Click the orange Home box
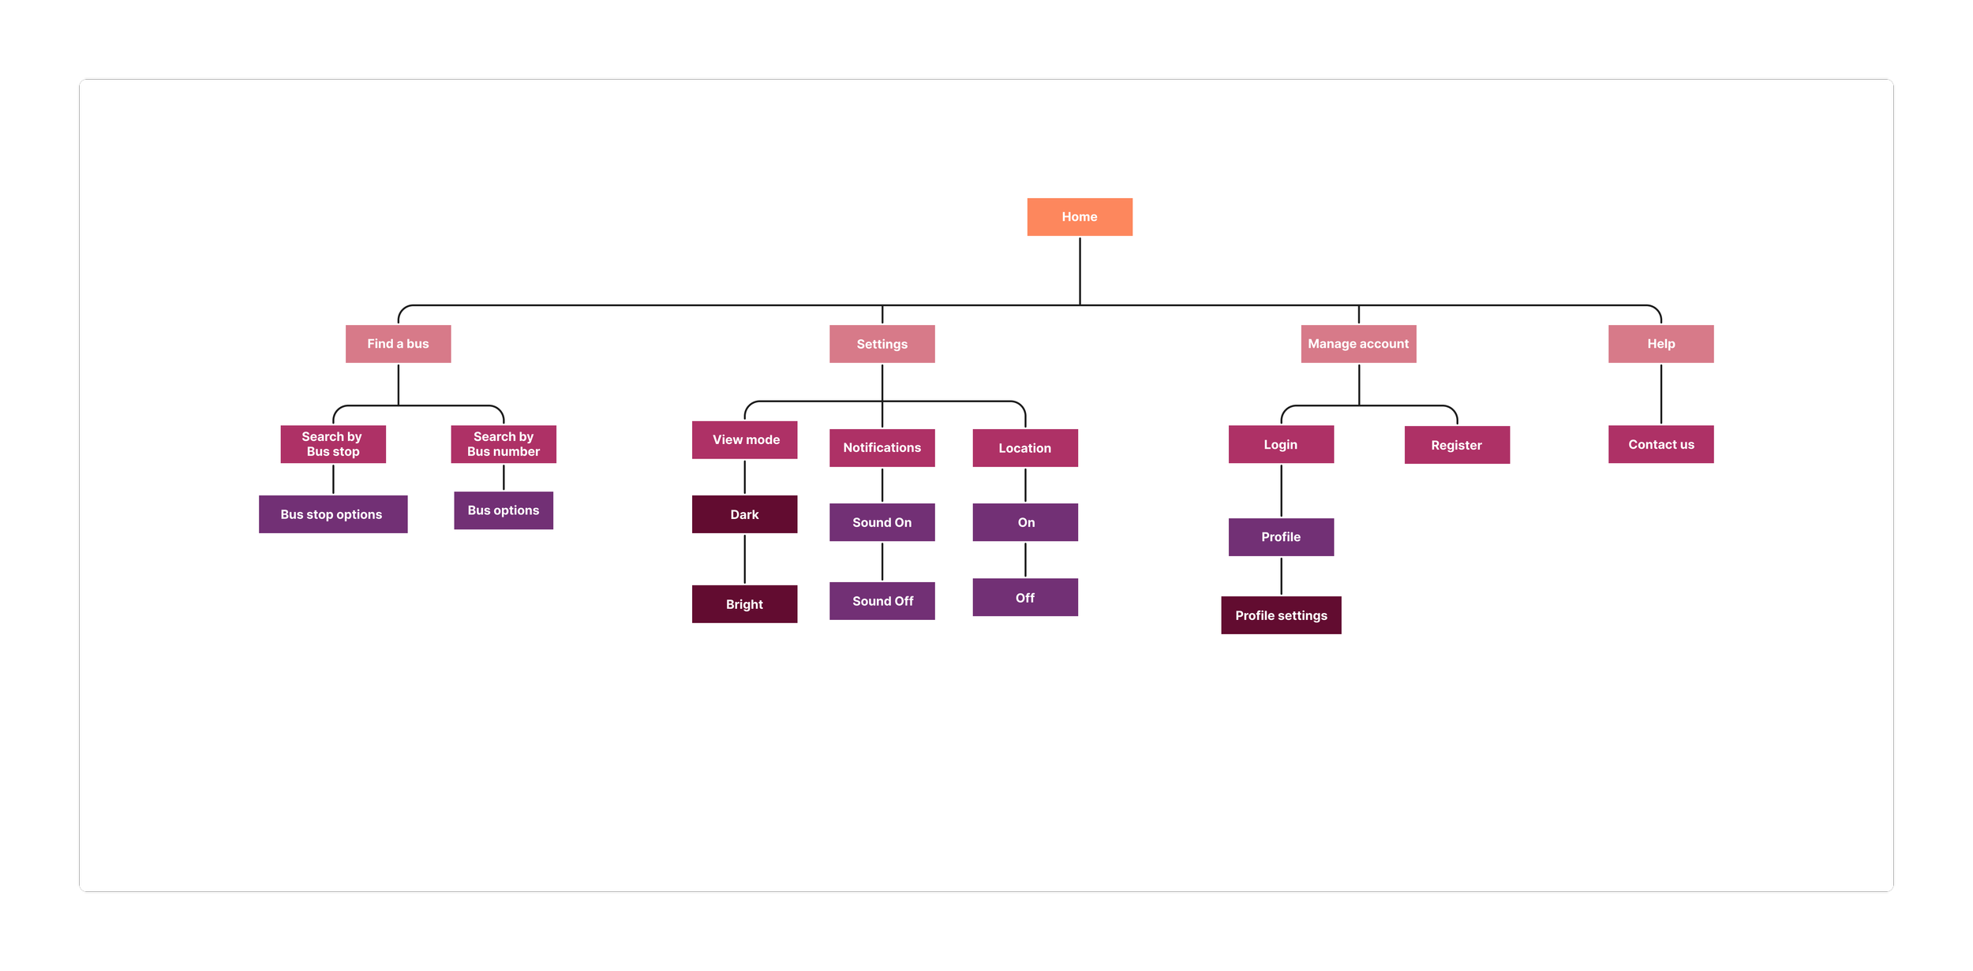point(1079,217)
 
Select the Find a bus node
point(398,344)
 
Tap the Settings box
point(882,344)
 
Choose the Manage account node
point(1357,344)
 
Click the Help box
point(1660,344)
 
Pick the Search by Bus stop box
point(333,444)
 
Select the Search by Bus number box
point(504,444)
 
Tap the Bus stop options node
point(332,514)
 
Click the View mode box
point(744,440)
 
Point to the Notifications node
point(882,448)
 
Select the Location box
point(1024,448)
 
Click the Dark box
point(744,514)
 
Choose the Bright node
point(744,604)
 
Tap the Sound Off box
point(882,601)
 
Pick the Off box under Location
point(1024,598)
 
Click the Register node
point(1456,445)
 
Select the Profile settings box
point(1280,615)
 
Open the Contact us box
point(1660,444)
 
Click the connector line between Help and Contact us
point(1660,394)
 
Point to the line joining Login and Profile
point(1281,491)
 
